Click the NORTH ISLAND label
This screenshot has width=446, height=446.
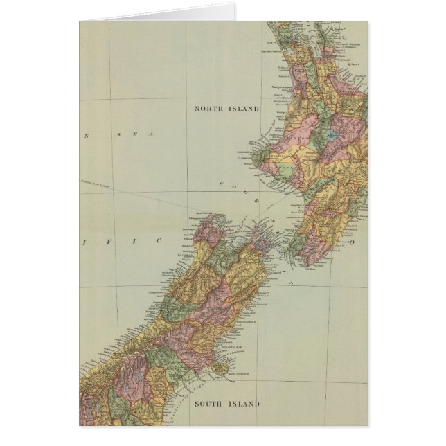click(x=226, y=109)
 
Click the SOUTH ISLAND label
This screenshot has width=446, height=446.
click(x=227, y=404)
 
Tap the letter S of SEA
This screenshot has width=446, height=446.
click(x=119, y=135)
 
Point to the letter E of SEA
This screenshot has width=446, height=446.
click(x=135, y=135)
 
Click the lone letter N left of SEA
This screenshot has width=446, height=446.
click(x=87, y=135)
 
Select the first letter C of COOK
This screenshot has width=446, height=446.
click(x=223, y=184)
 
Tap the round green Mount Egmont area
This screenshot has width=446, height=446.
click(x=258, y=161)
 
